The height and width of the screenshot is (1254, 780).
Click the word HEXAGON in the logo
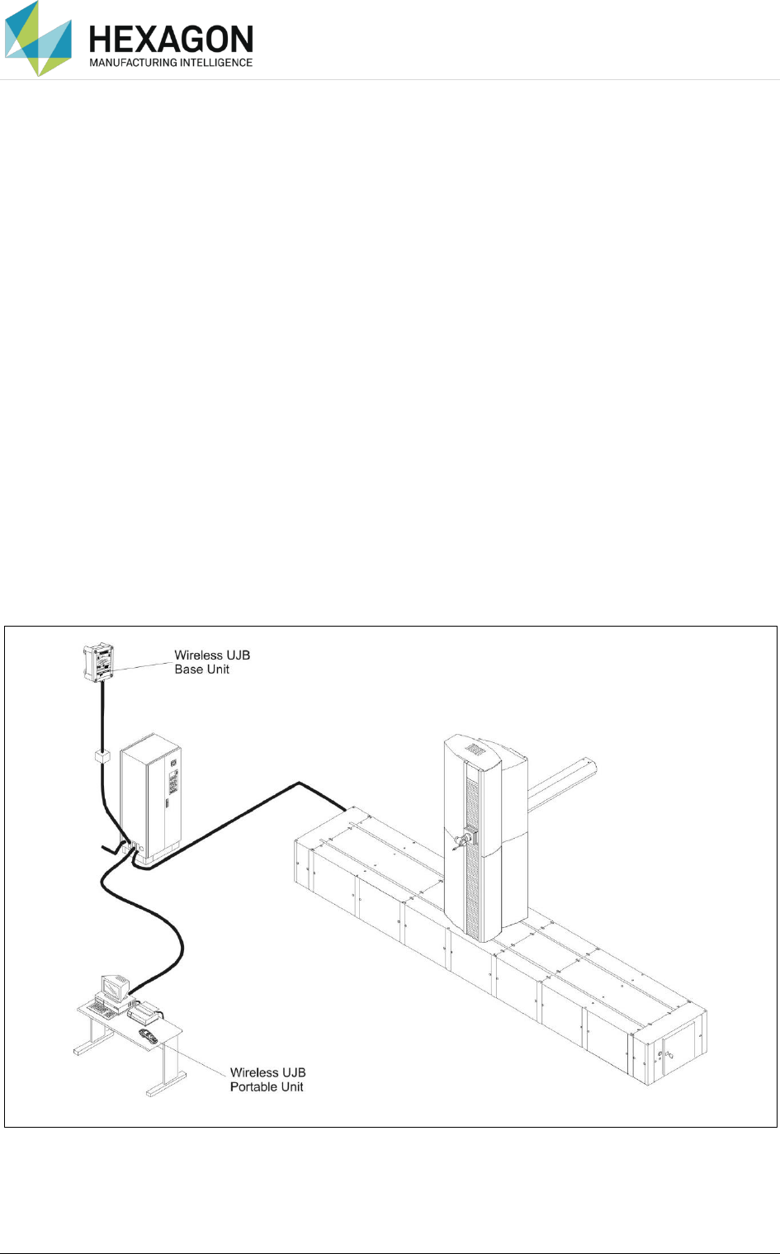171,40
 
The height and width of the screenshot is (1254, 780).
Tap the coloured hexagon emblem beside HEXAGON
38,38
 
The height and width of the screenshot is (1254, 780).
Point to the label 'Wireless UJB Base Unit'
212,662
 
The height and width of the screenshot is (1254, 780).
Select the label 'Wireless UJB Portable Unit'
267,1080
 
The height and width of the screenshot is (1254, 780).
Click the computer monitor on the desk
112,987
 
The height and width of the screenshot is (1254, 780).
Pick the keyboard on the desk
104,1009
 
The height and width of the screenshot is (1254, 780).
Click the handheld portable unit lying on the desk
148,1035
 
